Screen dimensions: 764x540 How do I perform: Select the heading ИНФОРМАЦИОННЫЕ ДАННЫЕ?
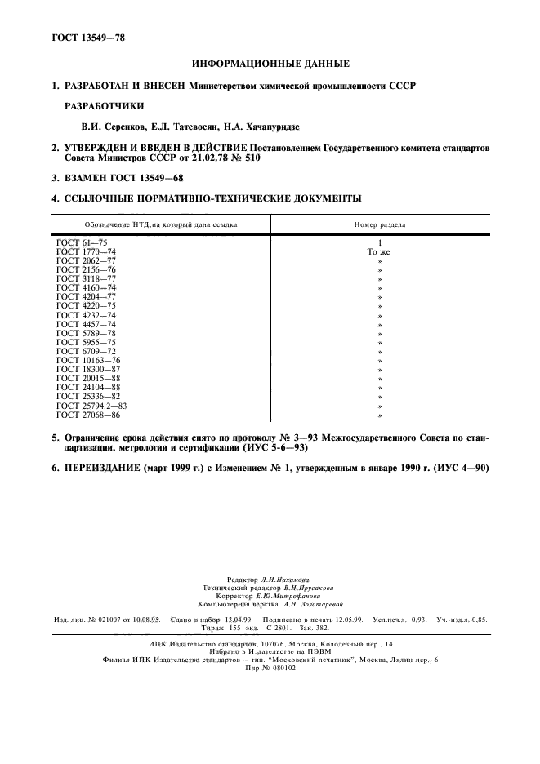point(270,64)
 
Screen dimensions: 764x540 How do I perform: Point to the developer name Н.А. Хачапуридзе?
point(274,127)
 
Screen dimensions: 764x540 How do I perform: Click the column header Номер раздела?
point(379,224)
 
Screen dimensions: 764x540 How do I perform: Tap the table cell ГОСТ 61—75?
point(80,243)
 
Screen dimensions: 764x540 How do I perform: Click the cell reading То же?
point(379,252)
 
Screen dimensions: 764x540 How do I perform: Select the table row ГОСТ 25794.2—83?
point(91,405)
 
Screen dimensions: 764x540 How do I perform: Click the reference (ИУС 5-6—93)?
point(274,449)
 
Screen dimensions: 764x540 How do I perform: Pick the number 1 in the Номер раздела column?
point(379,243)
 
